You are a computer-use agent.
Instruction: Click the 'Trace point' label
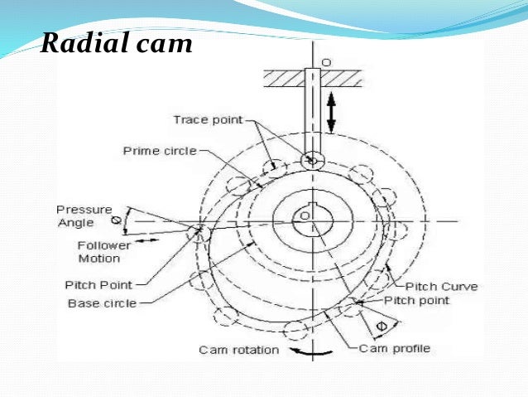[208, 120]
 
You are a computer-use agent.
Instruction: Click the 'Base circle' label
[102, 303]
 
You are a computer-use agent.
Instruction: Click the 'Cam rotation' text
[238, 350]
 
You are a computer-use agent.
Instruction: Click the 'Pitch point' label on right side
[417, 300]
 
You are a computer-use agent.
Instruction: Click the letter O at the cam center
[305, 215]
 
